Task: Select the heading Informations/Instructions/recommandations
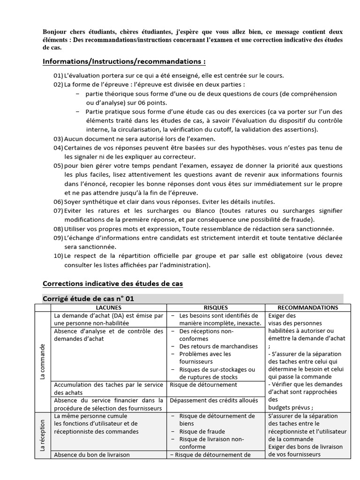click(124, 61)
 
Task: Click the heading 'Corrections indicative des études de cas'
click(112, 284)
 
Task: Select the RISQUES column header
click(216, 307)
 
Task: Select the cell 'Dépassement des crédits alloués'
click(214, 400)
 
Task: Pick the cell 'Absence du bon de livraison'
click(92, 454)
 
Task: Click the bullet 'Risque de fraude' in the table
click(202, 431)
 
